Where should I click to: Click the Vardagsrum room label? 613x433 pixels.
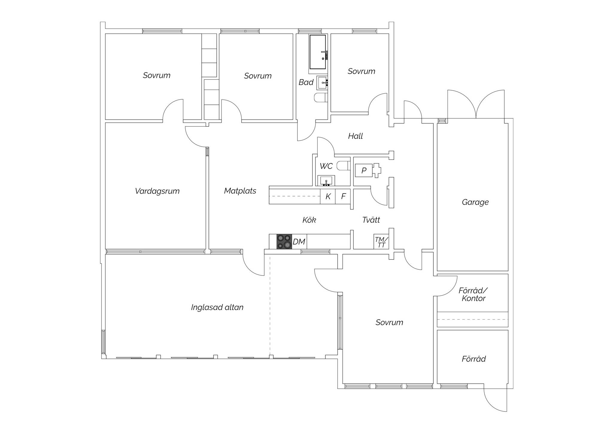(x=157, y=191)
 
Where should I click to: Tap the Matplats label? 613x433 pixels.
(x=240, y=191)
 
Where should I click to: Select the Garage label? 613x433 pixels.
(x=475, y=202)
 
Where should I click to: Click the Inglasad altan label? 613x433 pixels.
(x=217, y=307)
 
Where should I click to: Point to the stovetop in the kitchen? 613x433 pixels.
(x=284, y=241)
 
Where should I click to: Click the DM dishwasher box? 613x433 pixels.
(x=299, y=242)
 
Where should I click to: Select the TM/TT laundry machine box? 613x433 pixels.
(x=381, y=242)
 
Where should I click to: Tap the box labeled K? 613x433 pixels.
(x=328, y=196)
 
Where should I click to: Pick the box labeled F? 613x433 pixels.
(x=343, y=196)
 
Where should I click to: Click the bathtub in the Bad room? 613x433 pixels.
(x=318, y=52)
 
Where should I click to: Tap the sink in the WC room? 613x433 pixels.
(x=326, y=181)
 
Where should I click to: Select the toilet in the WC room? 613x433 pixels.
(x=343, y=165)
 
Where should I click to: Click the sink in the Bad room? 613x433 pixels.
(x=323, y=83)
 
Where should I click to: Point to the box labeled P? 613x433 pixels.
(x=364, y=170)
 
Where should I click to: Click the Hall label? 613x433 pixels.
(x=355, y=136)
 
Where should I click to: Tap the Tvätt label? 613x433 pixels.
(x=371, y=220)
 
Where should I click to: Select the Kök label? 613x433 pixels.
(x=309, y=220)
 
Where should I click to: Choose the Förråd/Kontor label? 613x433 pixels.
(x=473, y=294)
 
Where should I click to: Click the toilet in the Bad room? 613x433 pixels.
(x=321, y=98)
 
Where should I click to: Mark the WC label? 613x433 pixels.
(x=326, y=166)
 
